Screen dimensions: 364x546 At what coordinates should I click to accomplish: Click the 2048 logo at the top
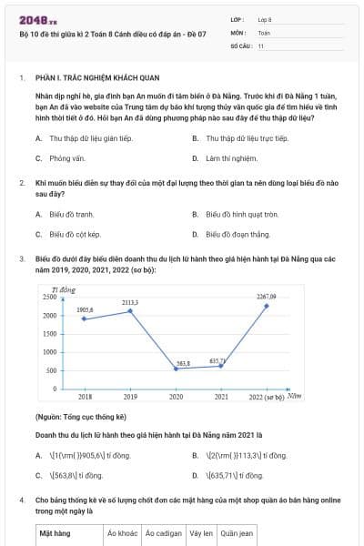[32, 18]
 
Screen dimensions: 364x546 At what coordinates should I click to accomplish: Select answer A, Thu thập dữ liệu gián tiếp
[85, 138]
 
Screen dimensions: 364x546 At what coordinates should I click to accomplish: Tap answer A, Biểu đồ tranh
[66, 215]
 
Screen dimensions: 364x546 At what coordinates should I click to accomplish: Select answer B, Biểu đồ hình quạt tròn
[242, 215]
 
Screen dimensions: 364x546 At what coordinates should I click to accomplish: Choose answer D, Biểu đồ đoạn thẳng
[238, 234]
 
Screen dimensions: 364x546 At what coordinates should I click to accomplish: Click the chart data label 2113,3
[130, 302]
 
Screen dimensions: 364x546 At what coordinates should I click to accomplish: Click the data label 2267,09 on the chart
[267, 296]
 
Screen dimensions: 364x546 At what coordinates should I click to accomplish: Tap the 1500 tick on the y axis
[49, 334]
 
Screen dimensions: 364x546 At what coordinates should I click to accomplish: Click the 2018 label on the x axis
[85, 397]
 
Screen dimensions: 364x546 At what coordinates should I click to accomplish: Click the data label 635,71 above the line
[217, 360]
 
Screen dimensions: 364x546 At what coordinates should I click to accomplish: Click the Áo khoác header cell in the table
[121, 533]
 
